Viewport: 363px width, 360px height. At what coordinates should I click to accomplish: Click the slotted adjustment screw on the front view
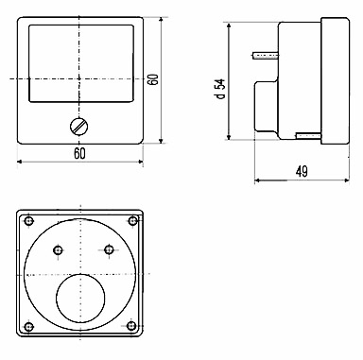[x=78, y=127]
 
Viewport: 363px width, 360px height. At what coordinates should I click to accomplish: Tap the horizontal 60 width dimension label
[x=80, y=154]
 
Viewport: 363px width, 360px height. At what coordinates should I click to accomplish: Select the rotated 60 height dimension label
[x=153, y=79]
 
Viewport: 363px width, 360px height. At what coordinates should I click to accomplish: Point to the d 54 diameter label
[x=221, y=89]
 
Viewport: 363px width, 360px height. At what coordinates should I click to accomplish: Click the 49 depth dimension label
[x=302, y=172]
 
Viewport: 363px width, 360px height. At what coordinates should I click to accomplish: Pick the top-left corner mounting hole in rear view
[x=29, y=221]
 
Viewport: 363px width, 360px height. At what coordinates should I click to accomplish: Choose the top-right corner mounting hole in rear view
[x=133, y=220]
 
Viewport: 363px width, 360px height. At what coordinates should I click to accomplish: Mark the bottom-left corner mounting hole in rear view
[x=29, y=326]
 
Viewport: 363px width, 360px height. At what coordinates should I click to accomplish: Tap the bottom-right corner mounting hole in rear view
[x=131, y=325]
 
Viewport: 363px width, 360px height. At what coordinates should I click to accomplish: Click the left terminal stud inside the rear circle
[x=58, y=250]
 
